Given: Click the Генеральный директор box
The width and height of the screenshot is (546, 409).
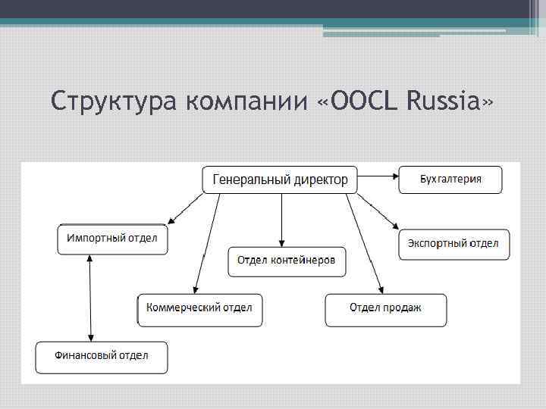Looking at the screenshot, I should click(280, 180).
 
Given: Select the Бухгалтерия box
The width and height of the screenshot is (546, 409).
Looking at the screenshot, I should click(450, 180).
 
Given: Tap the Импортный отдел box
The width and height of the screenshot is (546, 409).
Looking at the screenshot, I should click(112, 239).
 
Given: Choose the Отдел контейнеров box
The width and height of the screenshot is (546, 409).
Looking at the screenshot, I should click(287, 261).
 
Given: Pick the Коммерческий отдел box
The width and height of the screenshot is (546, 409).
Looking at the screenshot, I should click(200, 309).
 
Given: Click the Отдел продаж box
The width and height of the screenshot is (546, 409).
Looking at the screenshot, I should click(385, 309).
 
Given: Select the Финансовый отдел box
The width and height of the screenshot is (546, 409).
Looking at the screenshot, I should click(102, 356).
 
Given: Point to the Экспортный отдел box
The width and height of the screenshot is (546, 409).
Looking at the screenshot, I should click(453, 244).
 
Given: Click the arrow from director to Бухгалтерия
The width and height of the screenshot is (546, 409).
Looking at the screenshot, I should click(378, 176).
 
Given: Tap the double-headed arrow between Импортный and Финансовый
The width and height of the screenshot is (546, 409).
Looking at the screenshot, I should click(91, 298).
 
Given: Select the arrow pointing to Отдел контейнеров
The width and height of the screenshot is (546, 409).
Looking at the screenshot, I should click(281, 220).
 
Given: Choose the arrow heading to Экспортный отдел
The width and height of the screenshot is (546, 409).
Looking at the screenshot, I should click(378, 211).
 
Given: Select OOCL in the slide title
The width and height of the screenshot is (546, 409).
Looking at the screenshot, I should click(360, 100).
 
